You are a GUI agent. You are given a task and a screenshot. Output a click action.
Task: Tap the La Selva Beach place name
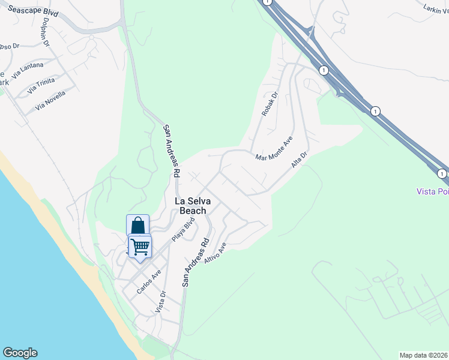[190, 206]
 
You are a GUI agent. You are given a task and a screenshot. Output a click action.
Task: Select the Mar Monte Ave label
[274, 148]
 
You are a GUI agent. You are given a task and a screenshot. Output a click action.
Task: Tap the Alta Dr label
[299, 159]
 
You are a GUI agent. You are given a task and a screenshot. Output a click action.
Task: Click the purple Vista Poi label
[432, 191]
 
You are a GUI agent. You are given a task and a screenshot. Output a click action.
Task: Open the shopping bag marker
[137, 226]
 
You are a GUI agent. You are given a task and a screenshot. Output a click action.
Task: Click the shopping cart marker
[140, 246]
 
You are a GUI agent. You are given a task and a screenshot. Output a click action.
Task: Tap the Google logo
[20, 353]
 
